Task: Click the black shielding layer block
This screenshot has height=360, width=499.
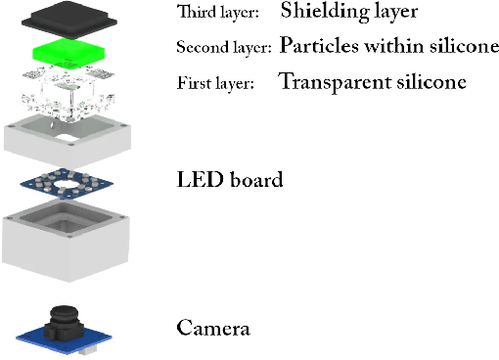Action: pos(68,18)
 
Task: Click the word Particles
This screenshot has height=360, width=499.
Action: pos(315,46)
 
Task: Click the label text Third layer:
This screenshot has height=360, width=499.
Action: pos(217,13)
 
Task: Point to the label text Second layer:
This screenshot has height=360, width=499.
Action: pos(225,47)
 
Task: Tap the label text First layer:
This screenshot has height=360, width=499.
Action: pos(215,83)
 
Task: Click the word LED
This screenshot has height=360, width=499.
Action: pos(198,179)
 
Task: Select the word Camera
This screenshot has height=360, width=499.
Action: pos(212,327)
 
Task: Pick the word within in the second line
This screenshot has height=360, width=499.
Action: pos(390,46)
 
